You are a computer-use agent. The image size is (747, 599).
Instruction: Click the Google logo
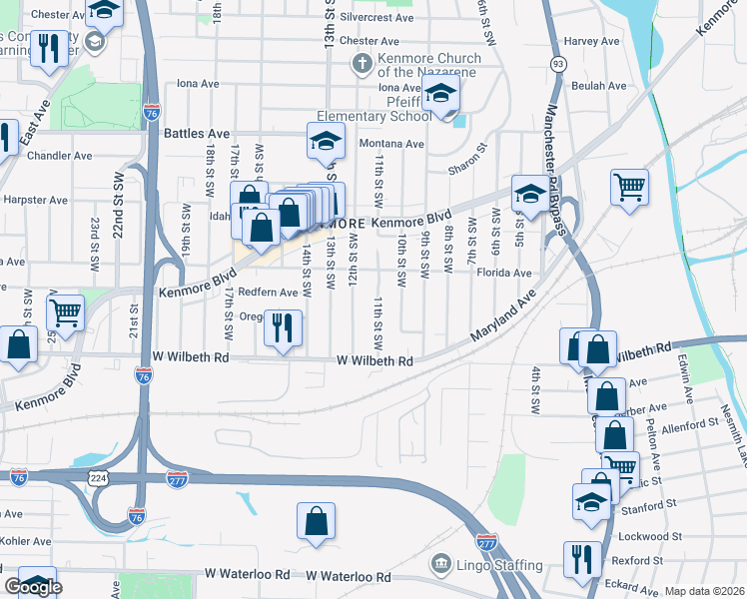[32, 586]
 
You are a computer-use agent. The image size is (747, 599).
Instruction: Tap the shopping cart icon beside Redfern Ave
[66, 312]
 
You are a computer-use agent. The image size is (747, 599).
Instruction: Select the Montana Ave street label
[391, 144]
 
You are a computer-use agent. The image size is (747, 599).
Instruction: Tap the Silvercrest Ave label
[376, 18]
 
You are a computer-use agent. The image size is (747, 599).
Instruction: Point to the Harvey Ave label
[593, 41]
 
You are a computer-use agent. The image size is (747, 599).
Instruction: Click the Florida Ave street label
[503, 272]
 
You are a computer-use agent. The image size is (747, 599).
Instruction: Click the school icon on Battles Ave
[326, 142]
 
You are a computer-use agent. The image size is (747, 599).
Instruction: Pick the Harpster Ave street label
[34, 200]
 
